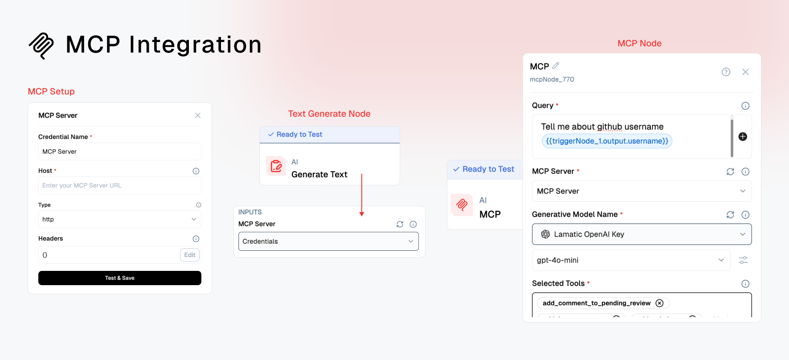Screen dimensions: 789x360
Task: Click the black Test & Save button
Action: point(120,278)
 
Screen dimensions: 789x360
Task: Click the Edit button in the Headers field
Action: point(190,255)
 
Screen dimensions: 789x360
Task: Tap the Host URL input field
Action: point(120,185)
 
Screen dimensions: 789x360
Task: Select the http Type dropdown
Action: point(120,219)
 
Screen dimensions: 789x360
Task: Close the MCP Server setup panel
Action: point(198,115)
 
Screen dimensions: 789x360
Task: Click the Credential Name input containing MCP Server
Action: point(120,151)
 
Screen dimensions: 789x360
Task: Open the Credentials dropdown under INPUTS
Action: point(329,241)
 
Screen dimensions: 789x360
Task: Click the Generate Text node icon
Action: point(276,166)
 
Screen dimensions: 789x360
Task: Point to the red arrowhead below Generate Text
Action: point(362,214)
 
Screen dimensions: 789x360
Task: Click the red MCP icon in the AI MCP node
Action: point(462,205)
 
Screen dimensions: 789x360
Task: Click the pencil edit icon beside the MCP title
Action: point(556,65)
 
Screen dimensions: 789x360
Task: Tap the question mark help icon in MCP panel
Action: point(726,72)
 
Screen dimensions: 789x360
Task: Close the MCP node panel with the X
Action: point(745,72)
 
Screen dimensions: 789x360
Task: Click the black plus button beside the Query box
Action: point(743,137)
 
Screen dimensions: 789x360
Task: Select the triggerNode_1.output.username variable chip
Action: point(607,141)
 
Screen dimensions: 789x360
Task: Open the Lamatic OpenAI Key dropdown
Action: point(642,234)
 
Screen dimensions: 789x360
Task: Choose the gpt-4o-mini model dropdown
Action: point(631,260)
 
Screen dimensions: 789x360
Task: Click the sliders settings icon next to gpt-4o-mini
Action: point(743,260)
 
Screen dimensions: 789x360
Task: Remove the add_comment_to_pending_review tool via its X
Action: point(660,303)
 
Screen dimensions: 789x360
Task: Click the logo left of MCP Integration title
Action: point(41,45)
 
